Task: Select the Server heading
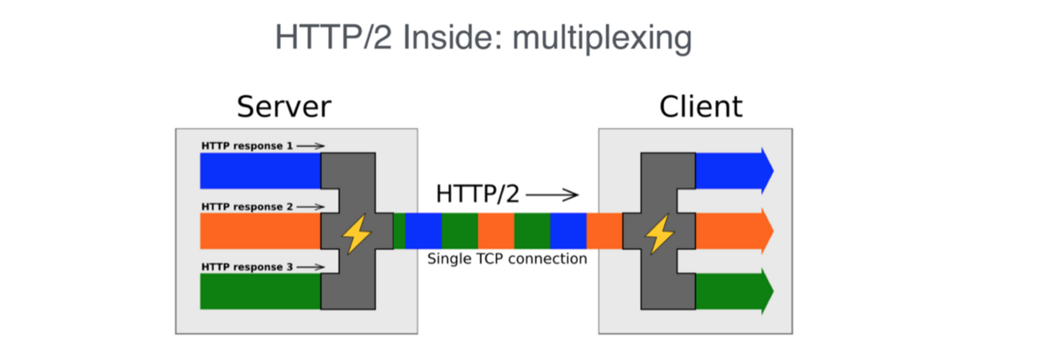(x=284, y=107)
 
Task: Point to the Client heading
(x=701, y=107)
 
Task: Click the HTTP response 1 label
(x=247, y=146)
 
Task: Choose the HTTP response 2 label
(x=247, y=206)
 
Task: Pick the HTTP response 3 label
(x=247, y=267)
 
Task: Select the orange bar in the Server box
(x=260, y=231)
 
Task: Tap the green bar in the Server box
(x=260, y=291)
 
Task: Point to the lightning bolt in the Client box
(x=658, y=234)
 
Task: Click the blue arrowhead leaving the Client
(x=765, y=170)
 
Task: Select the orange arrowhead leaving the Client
(x=765, y=231)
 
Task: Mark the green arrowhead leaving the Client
(x=765, y=291)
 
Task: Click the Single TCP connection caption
(x=507, y=259)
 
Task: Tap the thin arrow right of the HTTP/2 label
(x=552, y=196)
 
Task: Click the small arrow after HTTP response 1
(x=310, y=146)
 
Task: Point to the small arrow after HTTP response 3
(x=310, y=267)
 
